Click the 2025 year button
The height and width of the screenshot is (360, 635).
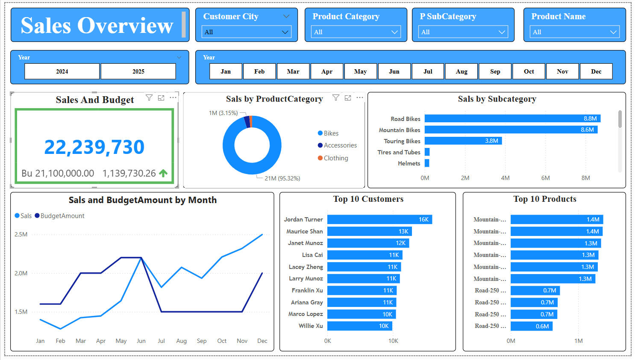pyautogui.click(x=138, y=71)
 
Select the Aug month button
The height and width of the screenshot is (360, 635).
pyautogui.click(x=462, y=71)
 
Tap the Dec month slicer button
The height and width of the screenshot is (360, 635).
pyautogui.click(x=596, y=71)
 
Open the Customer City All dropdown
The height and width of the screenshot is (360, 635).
pyautogui.click(x=246, y=32)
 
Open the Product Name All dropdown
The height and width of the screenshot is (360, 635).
pyautogui.click(x=574, y=32)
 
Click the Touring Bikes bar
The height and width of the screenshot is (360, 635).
pyautogui.click(x=463, y=141)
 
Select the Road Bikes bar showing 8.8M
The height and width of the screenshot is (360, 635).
pyautogui.click(x=512, y=118)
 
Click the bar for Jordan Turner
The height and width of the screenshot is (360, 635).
pyautogui.click(x=379, y=219)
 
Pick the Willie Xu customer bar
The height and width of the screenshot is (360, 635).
pyautogui.click(x=359, y=326)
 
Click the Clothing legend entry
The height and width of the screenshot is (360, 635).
pyautogui.click(x=335, y=158)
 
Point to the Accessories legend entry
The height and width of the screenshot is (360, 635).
pyautogui.click(x=340, y=145)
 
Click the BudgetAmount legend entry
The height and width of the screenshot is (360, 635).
pyautogui.click(x=62, y=216)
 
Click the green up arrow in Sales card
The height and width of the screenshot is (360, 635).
pyautogui.click(x=163, y=173)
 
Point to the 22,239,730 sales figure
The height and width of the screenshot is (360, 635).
pyautogui.click(x=94, y=147)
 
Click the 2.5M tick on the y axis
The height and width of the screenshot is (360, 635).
pyautogui.click(x=21, y=234)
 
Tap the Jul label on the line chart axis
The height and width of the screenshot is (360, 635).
pyautogui.click(x=161, y=341)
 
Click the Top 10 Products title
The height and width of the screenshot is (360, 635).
pyautogui.click(x=544, y=199)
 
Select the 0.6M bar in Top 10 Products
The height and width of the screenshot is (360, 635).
pyautogui.click(x=531, y=326)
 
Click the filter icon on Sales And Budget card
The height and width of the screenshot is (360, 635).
pyautogui.click(x=149, y=98)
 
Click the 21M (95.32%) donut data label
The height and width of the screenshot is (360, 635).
pyautogui.click(x=282, y=178)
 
